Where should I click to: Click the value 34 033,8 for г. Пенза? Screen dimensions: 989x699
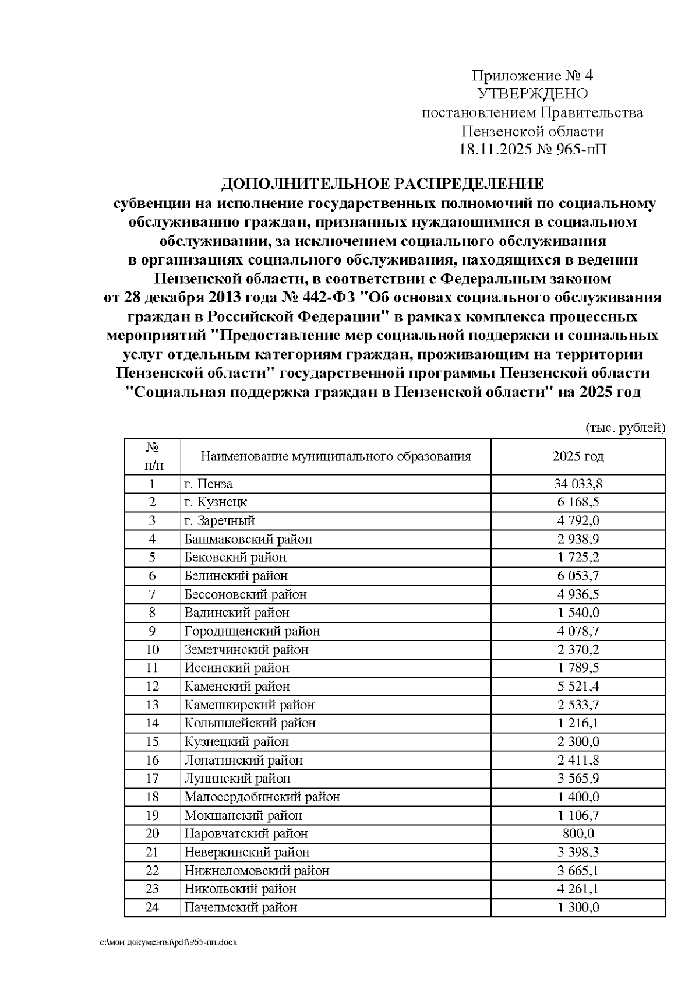[x=577, y=484]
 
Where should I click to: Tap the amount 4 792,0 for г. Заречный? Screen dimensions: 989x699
[x=578, y=520]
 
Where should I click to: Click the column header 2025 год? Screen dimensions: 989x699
[x=578, y=456]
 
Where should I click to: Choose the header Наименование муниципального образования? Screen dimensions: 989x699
[x=336, y=456]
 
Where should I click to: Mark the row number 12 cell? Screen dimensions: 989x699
[x=152, y=686]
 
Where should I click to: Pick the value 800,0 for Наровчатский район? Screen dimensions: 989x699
[x=578, y=833]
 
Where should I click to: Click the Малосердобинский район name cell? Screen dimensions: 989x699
[x=262, y=797]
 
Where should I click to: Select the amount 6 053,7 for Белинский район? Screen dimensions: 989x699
[x=578, y=576]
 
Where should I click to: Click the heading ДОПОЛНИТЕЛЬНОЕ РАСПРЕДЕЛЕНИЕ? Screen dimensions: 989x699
[x=382, y=185]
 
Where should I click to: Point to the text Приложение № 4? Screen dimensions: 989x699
[x=532, y=76]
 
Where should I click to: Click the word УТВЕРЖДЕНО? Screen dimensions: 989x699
[x=532, y=94]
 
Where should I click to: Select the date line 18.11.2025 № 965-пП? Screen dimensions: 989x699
[x=532, y=150]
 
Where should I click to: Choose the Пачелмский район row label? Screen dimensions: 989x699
[x=241, y=907]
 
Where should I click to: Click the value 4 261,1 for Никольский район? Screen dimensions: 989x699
[x=578, y=889]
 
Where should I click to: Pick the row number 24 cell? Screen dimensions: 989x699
[x=152, y=907]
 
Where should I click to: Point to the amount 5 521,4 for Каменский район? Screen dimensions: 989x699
[x=578, y=686]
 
